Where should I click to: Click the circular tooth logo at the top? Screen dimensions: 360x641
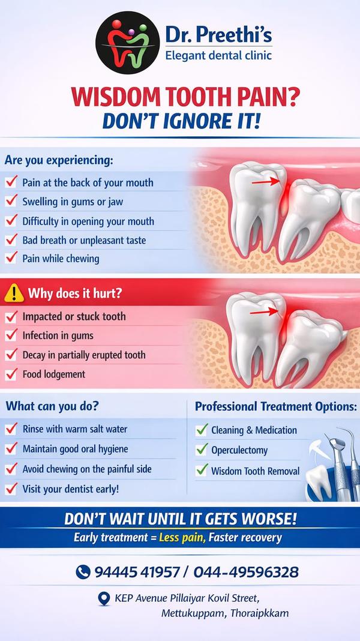tap(127, 43)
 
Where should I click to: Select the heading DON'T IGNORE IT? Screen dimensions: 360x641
tap(181, 121)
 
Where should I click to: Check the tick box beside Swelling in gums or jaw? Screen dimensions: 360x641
tap(11, 201)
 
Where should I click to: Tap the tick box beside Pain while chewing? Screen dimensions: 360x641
tap(11, 258)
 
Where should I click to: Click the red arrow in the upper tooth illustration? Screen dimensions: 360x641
tap(266, 181)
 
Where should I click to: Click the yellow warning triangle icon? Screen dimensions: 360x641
tap(14, 293)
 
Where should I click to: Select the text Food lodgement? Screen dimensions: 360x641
tap(54, 374)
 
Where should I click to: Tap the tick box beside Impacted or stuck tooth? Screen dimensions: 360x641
tap(11, 316)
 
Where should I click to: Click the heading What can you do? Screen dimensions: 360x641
tap(52, 406)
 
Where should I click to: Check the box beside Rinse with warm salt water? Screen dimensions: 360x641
tap(11, 429)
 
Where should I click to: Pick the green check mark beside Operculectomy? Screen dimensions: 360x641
tap(202, 450)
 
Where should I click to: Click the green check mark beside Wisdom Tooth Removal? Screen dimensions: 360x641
tap(202, 470)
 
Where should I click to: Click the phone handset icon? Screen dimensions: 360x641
tap(83, 571)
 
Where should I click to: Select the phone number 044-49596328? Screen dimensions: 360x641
tap(246, 572)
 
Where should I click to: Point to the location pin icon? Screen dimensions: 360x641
tap(104, 599)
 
